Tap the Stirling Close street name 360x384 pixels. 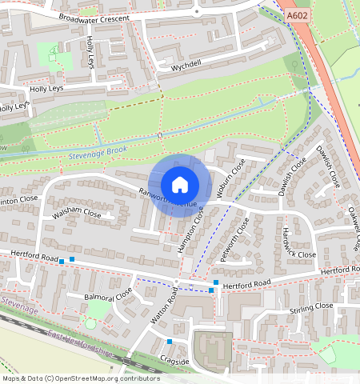tap(312, 306)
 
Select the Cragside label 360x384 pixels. tap(174, 361)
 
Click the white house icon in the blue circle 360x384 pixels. tap(180, 185)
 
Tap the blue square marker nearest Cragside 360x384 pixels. tap(170, 342)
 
